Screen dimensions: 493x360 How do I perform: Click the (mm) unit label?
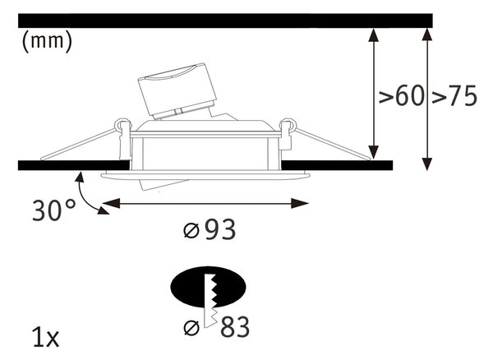pos(47,41)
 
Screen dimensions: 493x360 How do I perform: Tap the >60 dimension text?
pos(402,95)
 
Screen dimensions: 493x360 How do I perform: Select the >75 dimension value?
pos(454,95)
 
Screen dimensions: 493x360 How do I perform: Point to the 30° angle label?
pos(53,210)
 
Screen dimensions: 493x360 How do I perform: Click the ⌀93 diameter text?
pos(210,229)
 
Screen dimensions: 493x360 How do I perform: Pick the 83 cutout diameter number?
pos(235,327)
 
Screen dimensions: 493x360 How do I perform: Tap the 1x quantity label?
pos(46,337)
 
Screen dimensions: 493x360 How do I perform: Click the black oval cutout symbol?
pos(208,287)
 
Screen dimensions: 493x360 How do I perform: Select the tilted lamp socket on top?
pos(177,91)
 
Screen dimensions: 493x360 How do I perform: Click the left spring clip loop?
pos(122,125)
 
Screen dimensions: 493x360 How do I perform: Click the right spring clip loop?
pos(288,125)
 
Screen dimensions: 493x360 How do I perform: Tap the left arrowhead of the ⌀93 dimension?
pos(111,203)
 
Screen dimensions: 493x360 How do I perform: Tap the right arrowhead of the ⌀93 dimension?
pos(300,203)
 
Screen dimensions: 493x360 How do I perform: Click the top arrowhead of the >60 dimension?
pos(373,35)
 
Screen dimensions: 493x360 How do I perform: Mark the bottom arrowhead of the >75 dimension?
pos(426,164)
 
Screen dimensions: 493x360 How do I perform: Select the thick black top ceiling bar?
pos(225,21)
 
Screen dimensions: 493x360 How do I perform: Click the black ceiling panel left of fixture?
pos(74,165)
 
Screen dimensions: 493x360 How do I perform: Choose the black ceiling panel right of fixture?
pos(337,165)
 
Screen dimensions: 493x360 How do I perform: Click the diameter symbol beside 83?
pos(191,328)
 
